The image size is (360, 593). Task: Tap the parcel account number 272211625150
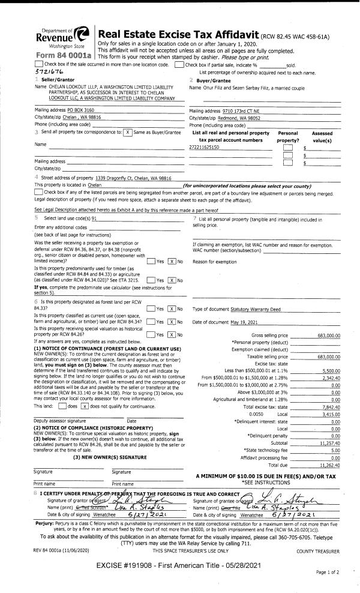(x=205, y=146)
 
